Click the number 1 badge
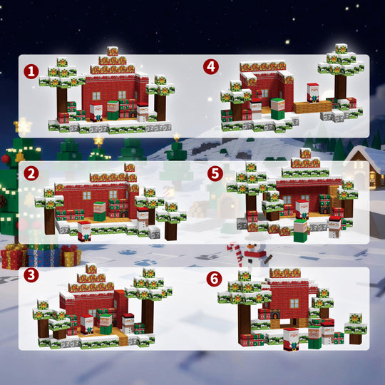point(30,71)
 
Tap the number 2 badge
point(30,173)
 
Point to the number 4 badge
point(210,67)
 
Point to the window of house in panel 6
point(294,303)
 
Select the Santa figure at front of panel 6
point(291,339)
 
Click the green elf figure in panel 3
point(106,323)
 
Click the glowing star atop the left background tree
point(24,127)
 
